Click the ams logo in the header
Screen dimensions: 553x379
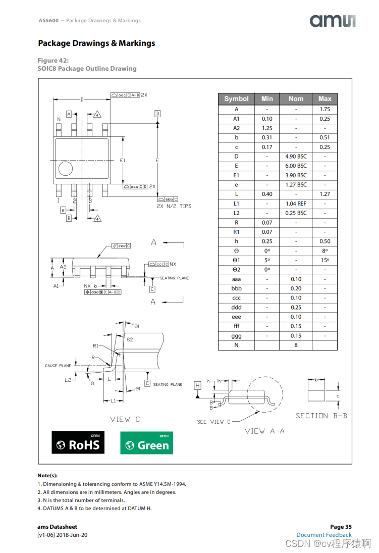[333, 21]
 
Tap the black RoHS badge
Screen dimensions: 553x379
[78, 442]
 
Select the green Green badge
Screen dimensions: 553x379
[146, 442]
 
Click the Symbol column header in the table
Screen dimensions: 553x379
[236, 99]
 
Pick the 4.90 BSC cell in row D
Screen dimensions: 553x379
[296, 157]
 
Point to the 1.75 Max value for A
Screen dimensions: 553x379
[324, 109]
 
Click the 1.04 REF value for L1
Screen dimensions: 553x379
[296, 204]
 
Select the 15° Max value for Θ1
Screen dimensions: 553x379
[324, 260]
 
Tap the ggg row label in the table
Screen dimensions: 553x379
[236, 336]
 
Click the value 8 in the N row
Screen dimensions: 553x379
[296, 345]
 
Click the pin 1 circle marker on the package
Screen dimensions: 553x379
[66, 169]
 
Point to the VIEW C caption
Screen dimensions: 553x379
[125, 419]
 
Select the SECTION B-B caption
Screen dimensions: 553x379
[321, 416]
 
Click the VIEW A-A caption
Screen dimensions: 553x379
[264, 431]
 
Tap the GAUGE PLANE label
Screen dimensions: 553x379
[58, 366]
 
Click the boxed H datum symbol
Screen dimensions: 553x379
[197, 385]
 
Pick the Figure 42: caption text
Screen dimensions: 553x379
[53, 61]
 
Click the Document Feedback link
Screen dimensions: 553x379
[323, 535]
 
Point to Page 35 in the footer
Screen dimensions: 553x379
[341, 527]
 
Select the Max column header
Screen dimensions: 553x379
[324, 99]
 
